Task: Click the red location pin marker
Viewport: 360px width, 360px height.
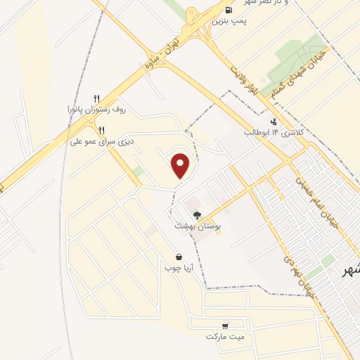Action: point(181,165)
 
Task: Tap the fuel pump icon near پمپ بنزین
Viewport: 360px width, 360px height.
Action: point(229,10)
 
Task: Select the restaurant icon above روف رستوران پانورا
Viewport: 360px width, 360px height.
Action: point(98,98)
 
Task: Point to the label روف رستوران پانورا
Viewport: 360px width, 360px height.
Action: point(97,110)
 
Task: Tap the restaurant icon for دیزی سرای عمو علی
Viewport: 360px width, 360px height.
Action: point(101,129)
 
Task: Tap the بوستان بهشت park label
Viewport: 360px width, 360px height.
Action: point(197,227)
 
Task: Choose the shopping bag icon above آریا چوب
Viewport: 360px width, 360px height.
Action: point(179,257)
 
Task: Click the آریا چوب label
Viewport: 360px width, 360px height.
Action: point(179,268)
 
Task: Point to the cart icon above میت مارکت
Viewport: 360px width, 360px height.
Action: point(224,326)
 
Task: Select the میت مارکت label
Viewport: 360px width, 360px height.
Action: point(224,337)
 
